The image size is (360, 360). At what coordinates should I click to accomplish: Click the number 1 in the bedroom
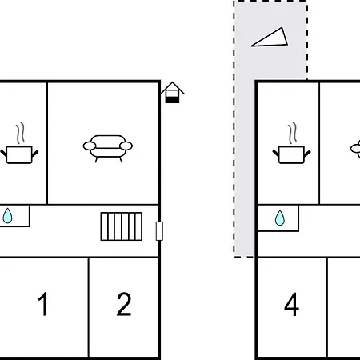coord(43,304)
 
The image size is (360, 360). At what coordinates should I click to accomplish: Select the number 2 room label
coord(124,304)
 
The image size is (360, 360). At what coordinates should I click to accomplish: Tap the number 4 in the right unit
coord(291,304)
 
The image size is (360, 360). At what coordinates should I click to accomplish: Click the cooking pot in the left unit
coord(19,154)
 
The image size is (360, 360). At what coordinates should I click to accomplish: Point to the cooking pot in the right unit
coord(291,154)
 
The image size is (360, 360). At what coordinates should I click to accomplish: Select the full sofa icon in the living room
coord(108,148)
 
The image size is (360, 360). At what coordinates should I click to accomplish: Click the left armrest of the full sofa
coord(90,146)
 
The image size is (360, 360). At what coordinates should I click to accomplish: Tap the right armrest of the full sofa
coord(126,146)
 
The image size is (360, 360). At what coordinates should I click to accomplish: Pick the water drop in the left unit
coord(7,216)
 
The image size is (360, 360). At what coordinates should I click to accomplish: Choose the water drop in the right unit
coord(280,218)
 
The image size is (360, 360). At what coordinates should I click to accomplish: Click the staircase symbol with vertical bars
coord(122,226)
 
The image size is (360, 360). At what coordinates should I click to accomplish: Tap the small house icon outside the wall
coord(173,92)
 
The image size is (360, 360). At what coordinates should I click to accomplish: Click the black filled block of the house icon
coord(172,100)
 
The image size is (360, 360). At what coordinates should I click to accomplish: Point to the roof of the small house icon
coord(173,87)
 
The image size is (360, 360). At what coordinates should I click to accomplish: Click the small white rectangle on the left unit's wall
coord(159,231)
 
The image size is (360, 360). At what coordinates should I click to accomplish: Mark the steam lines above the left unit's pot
coord(20,134)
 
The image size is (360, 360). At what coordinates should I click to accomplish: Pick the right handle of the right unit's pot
coord(307,153)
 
